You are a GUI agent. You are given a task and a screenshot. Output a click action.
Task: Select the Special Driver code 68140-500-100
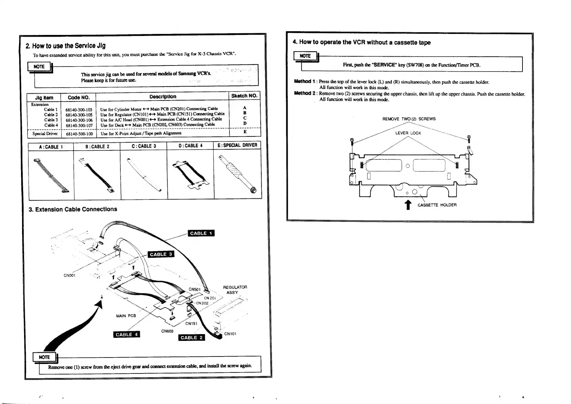coord(79,134)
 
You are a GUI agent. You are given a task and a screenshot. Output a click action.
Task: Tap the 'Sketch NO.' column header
coord(244,96)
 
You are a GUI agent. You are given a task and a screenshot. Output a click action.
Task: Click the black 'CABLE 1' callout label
coord(201,233)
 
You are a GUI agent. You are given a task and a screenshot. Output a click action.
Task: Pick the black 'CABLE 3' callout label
coord(161,254)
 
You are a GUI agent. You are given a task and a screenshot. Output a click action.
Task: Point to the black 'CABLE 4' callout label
coord(127,334)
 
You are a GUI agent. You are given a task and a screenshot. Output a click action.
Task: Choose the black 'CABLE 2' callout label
coord(191,338)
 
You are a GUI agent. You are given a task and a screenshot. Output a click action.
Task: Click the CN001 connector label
coord(69,275)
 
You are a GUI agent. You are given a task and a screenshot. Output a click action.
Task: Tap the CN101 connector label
coord(230,334)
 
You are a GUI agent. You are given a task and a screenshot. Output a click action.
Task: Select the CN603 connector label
coord(167,331)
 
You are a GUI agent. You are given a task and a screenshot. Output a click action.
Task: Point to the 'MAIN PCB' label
coord(126,316)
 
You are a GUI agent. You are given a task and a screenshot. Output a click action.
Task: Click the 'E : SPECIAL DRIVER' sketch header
coord(237,146)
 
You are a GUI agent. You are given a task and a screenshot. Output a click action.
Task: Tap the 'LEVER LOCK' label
coord(408,133)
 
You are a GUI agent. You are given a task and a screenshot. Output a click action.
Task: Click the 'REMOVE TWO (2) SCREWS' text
coord(409,119)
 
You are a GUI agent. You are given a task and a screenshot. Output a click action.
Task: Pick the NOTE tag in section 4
coord(305,56)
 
